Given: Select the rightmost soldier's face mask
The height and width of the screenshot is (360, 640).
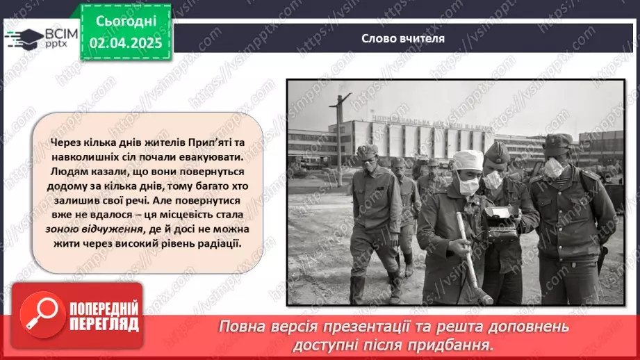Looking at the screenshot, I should (554, 167).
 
